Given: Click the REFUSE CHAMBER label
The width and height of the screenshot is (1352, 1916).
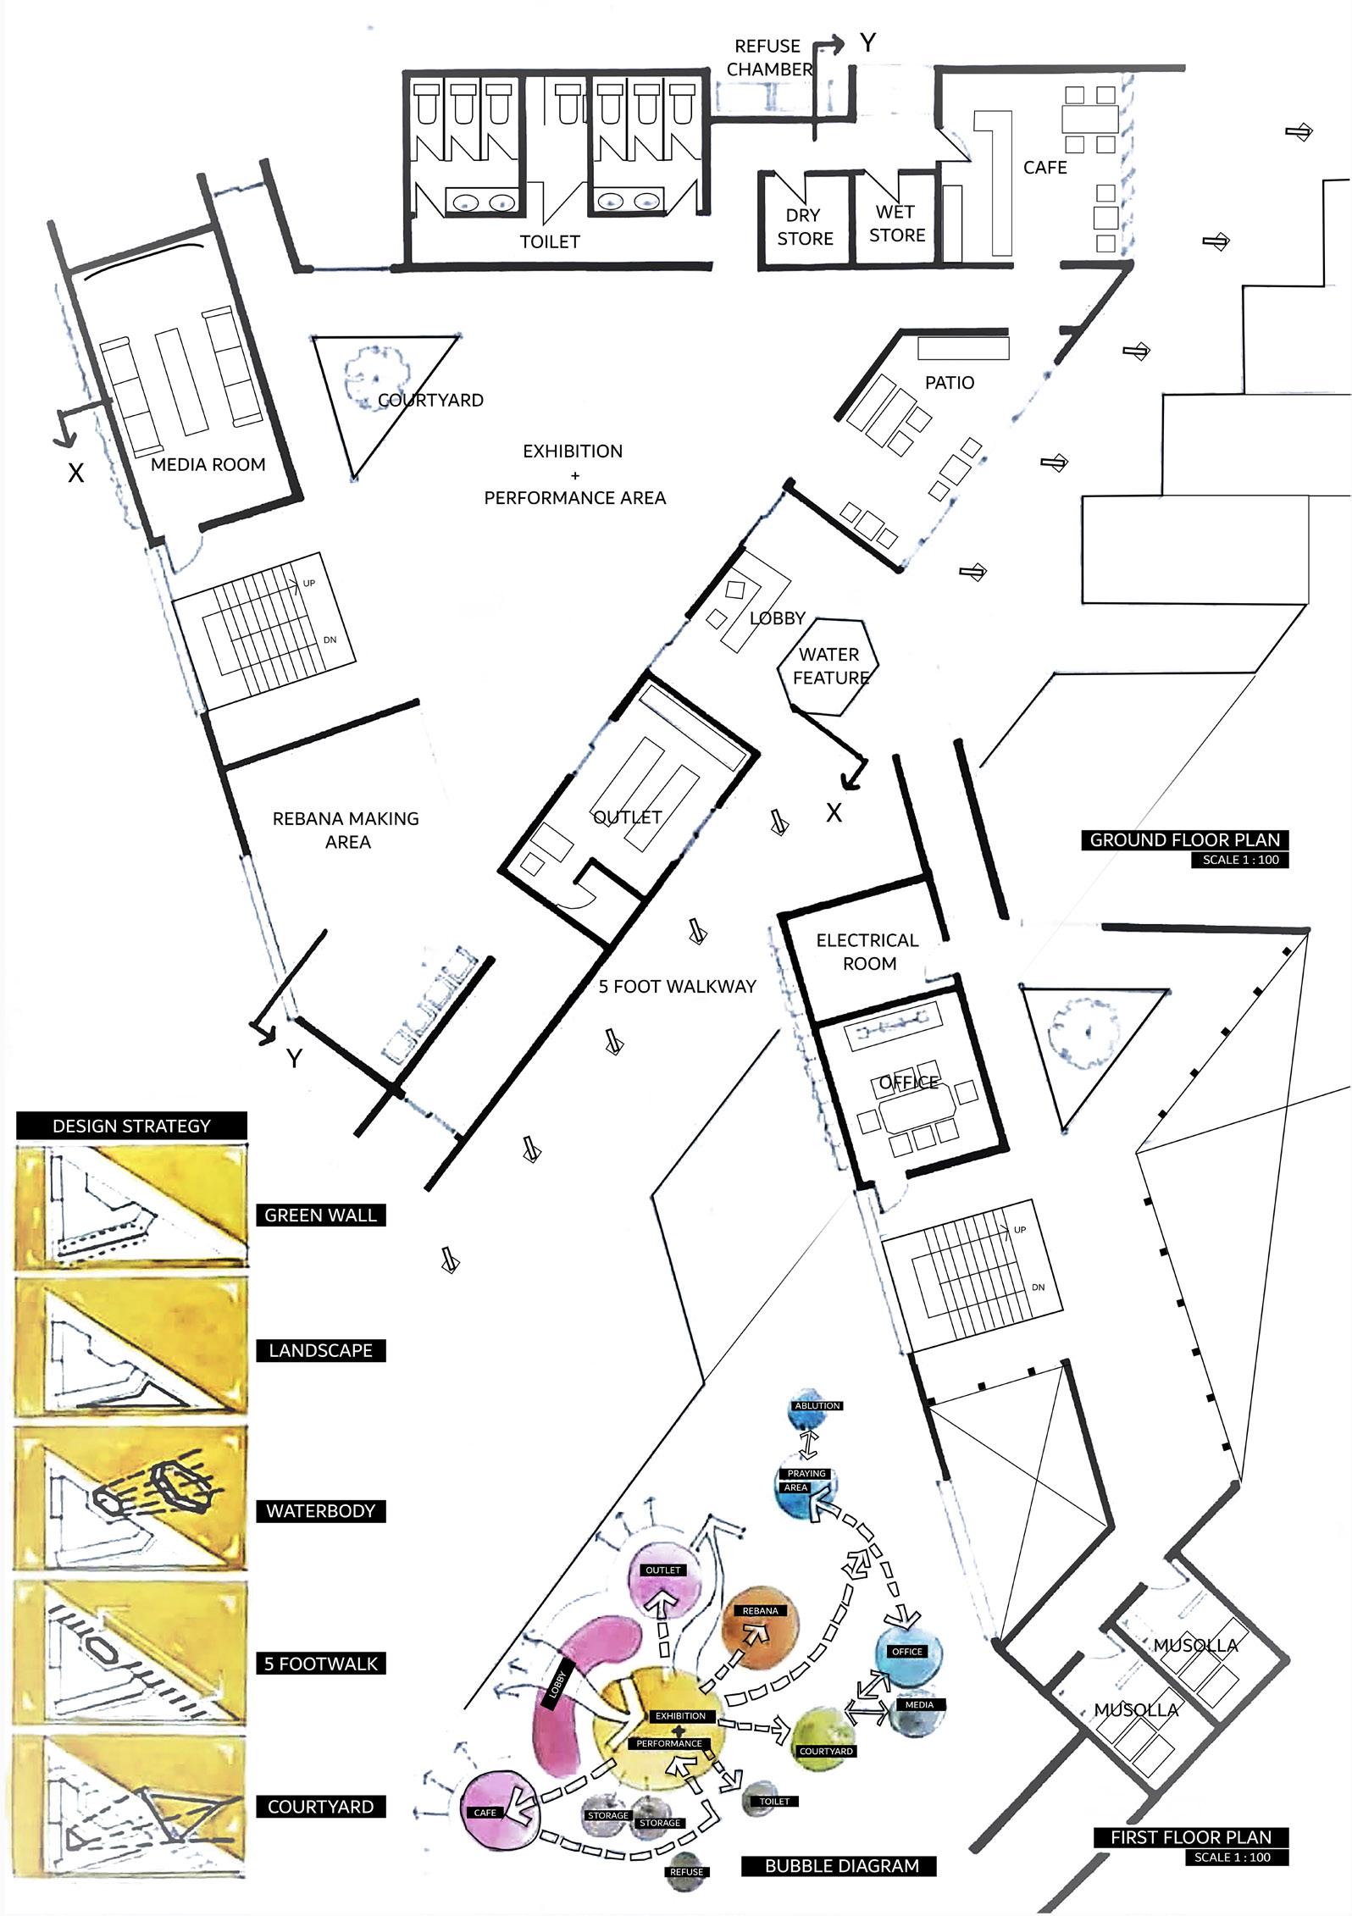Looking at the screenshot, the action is (768, 58).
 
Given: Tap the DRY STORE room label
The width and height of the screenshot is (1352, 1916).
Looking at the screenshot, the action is (804, 227).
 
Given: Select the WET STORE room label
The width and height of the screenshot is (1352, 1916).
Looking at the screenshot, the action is (896, 224).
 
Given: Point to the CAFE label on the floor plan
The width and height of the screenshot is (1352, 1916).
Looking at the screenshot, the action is (1044, 168).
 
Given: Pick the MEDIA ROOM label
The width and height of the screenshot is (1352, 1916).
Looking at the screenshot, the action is (208, 464).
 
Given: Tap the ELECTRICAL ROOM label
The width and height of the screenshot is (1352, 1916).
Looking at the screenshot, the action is (867, 951).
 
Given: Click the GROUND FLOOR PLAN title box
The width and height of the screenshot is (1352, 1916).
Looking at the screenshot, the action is (1184, 839).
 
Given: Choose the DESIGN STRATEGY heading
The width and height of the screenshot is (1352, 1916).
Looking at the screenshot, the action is (131, 1126).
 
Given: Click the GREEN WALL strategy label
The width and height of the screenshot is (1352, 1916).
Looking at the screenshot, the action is (320, 1215).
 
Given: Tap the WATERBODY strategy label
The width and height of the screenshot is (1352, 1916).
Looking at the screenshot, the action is (320, 1511).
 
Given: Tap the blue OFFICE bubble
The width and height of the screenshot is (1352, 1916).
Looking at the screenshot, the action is (907, 1653).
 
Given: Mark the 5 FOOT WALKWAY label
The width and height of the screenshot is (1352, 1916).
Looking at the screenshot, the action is (677, 986).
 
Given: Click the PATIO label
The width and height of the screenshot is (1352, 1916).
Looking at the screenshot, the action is (949, 383).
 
